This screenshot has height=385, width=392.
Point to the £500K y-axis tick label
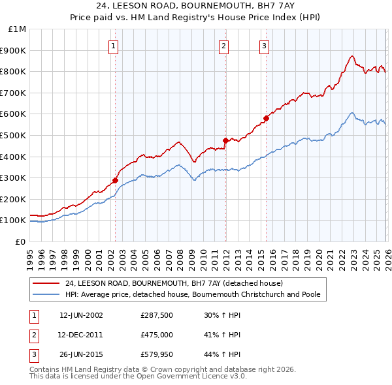(14, 135)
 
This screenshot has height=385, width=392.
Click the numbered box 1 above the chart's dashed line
(114, 46)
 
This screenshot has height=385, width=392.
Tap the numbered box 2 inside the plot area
(223, 46)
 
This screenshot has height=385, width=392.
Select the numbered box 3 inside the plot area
(264, 46)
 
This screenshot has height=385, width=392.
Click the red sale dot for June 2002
(115, 180)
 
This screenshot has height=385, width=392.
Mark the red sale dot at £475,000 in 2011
(225, 140)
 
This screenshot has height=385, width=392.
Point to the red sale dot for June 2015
(266, 118)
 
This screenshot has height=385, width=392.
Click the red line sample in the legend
(47, 284)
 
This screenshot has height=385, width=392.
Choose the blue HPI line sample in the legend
(47, 294)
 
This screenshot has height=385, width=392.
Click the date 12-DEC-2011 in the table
(81, 335)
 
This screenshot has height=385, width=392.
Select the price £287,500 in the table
(156, 315)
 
